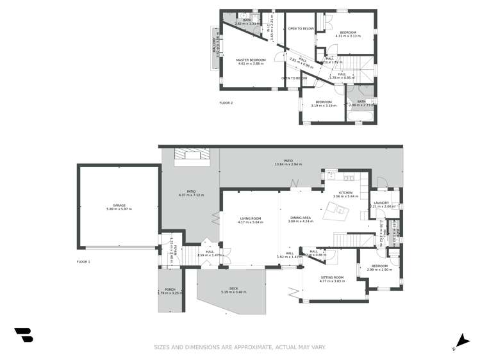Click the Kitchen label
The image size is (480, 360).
[346, 192]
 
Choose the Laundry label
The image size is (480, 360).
[381, 203]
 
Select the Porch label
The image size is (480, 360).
[170, 290]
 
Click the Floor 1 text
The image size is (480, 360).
[83, 261]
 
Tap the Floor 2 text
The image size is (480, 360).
[226, 102]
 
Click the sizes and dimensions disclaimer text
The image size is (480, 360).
[240, 347]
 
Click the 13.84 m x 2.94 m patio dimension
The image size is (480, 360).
[288, 165]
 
